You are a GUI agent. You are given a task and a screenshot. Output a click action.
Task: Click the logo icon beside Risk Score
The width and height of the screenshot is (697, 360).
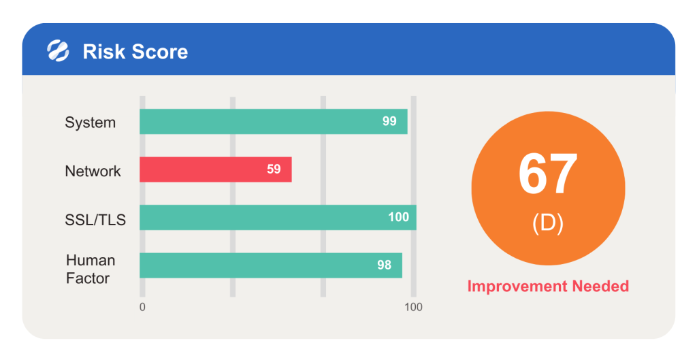(59, 50)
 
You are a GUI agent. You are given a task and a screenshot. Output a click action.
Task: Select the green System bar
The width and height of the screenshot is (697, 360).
(274, 121)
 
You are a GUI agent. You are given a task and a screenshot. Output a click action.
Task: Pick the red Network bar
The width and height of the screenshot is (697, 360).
(216, 169)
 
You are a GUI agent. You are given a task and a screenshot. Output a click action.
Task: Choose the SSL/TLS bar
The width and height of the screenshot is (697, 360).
(278, 217)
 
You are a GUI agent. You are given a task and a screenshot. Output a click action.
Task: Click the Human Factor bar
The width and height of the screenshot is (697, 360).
(271, 265)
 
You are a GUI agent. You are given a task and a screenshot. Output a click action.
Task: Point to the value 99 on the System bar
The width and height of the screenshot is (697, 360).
(389, 121)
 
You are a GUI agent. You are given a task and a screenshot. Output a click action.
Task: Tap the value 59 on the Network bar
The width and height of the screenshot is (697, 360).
(274, 169)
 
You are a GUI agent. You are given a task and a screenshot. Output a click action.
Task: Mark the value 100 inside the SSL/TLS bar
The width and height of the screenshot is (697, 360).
(398, 217)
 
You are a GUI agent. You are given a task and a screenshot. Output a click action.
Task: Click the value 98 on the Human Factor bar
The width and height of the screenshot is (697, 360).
(384, 265)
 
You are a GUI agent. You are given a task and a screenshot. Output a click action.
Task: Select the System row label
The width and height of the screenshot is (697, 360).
(91, 122)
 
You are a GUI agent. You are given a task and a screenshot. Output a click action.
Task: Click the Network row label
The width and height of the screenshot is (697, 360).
(93, 171)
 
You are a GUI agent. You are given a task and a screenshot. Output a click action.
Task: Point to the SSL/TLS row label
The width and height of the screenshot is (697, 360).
(95, 220)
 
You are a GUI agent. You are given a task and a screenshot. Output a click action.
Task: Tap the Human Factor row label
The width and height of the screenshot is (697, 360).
(91, 269)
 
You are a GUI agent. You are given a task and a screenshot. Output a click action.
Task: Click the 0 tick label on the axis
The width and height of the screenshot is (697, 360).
(142, 307)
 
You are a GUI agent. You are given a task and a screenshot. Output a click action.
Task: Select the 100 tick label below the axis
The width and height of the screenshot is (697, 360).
(413, 307)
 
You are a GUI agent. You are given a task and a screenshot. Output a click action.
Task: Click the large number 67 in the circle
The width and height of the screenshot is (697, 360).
(548, 174)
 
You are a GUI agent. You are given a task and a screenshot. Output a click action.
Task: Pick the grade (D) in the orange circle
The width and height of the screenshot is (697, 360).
(548, 223)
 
